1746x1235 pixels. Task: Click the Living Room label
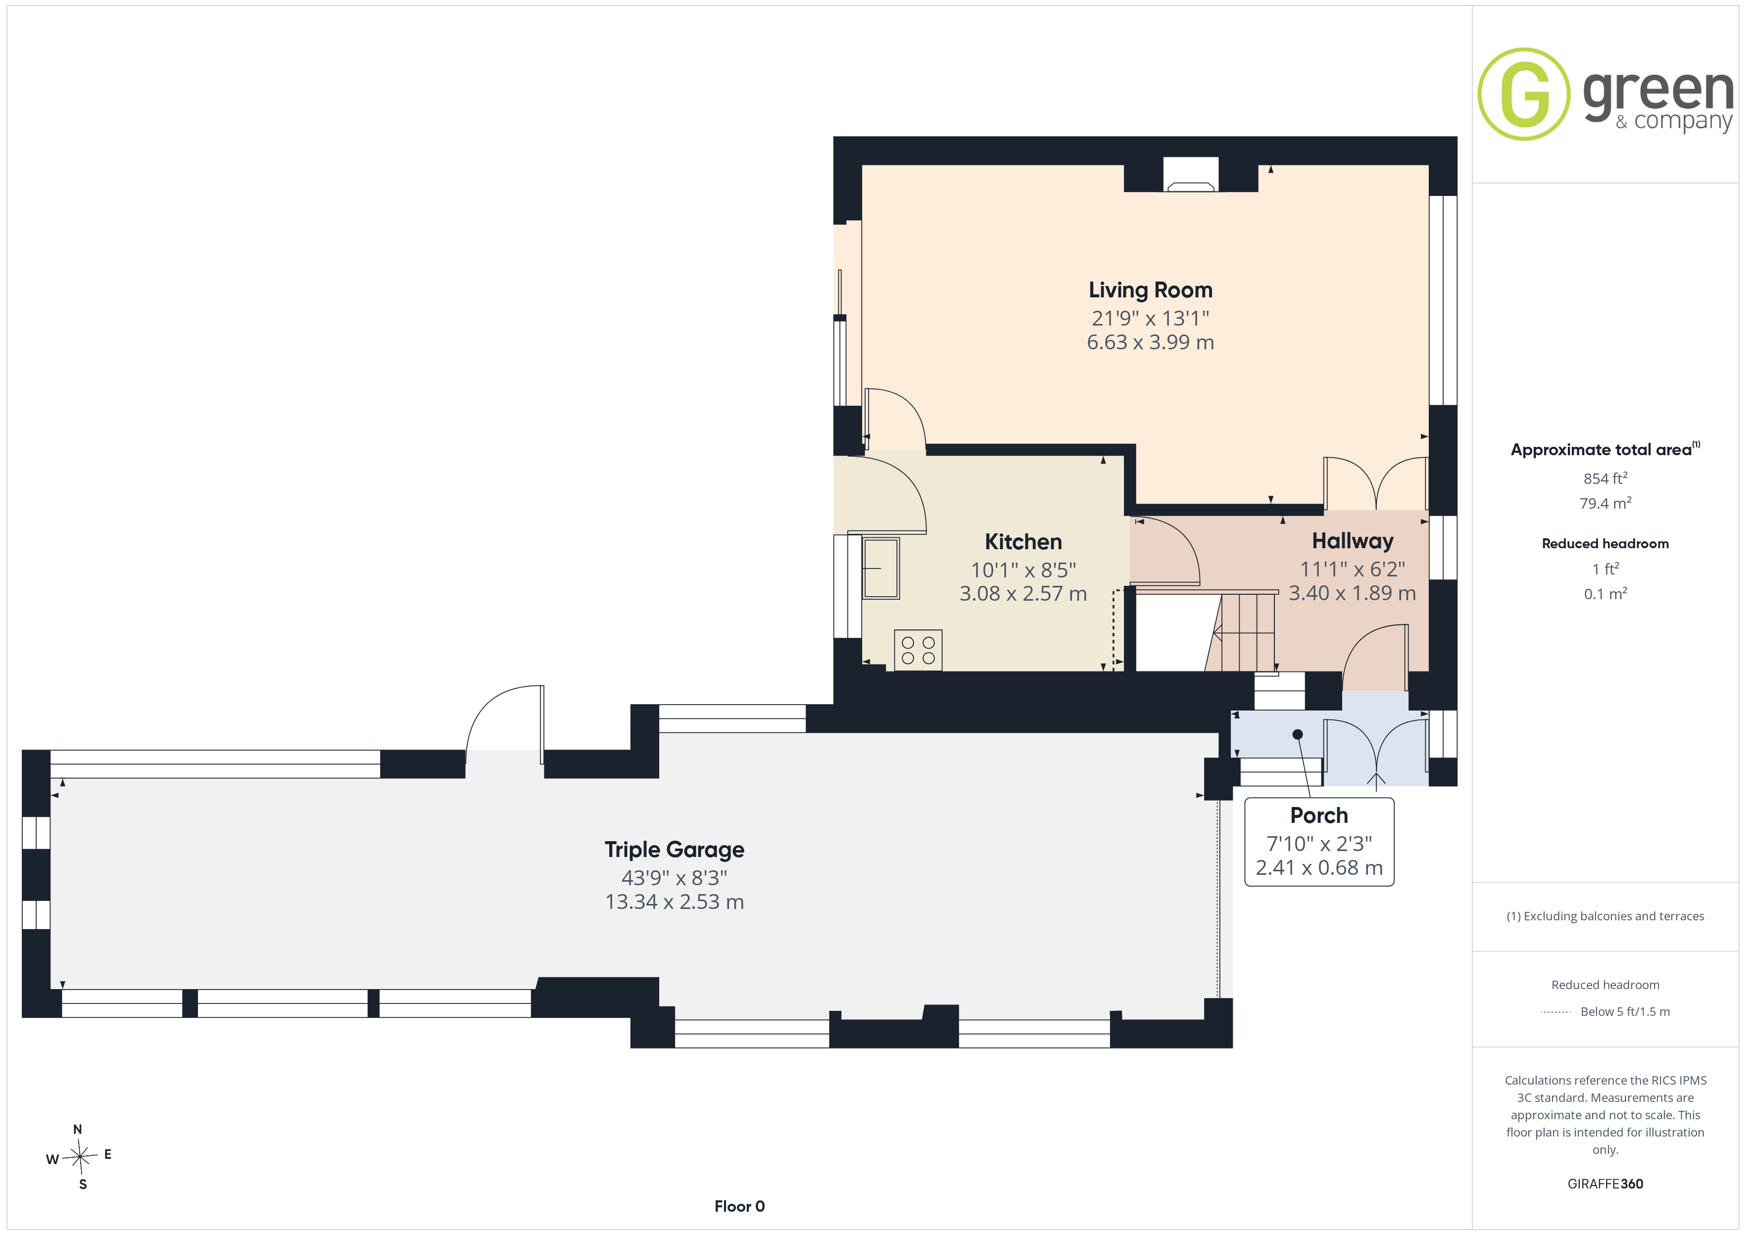click(x=1150, y=290)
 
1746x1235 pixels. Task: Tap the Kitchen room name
click(x=1023, y=542)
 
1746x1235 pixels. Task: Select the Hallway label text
click(x=1352, y=541)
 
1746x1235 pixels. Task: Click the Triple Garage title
click(x=674, y=850)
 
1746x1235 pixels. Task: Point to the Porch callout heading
click(x=1318, y=816)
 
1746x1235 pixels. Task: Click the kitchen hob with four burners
click(x=918, y=650)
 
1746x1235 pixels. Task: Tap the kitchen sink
click(x=880, y=568)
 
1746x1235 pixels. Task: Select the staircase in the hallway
click(x=1241, y=632)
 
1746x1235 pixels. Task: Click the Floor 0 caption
click(x=739, y=1207)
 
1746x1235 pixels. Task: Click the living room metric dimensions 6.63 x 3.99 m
click(x=1150, y=342)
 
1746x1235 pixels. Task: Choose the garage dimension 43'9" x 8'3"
click(x=674, y=878)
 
